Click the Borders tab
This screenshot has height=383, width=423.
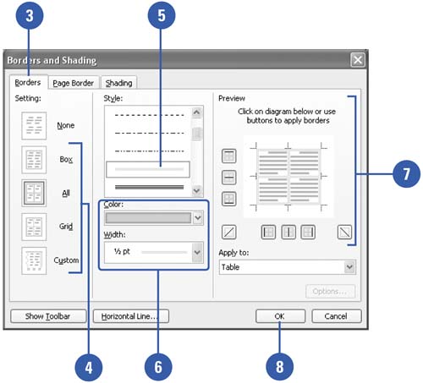click(x=28, y=82)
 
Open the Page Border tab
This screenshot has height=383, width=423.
click(x=74, y=83)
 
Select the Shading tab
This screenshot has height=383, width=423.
click(x=118, y=83)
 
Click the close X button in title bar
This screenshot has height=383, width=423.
click(x=358, y=60)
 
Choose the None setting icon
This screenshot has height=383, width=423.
click(x=34, y=125)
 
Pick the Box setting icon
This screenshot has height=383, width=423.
click(x=34, y=160)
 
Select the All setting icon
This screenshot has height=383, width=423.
click(x=34, y=193)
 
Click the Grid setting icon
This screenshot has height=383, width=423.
click(x=34, y=227)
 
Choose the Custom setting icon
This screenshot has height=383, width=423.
click(x=34, y=260)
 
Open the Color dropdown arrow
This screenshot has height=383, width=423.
click(x=198, y=217)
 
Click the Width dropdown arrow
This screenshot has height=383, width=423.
click(x=197, y=252)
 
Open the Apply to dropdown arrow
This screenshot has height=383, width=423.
click(x=349, y=267)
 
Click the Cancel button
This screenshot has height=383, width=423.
click(x=336, y=316)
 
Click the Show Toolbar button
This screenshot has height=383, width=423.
click(x=48, y=316)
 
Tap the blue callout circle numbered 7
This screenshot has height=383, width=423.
click(x=406, y=173)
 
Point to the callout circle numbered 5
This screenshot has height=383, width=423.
click(x=162, y=15)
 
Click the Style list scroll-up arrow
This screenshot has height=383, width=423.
click(x=197, y=112)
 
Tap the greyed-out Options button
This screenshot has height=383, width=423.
click(x=330, y=291)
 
